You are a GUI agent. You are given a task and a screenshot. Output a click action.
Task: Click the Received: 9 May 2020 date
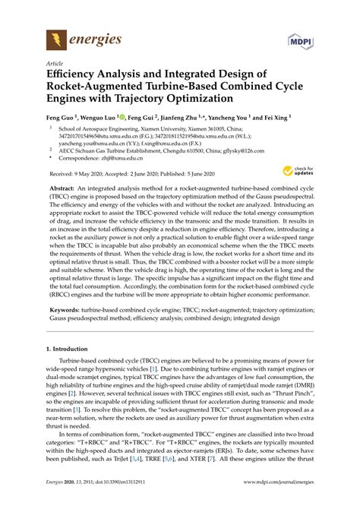pos(78,195)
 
